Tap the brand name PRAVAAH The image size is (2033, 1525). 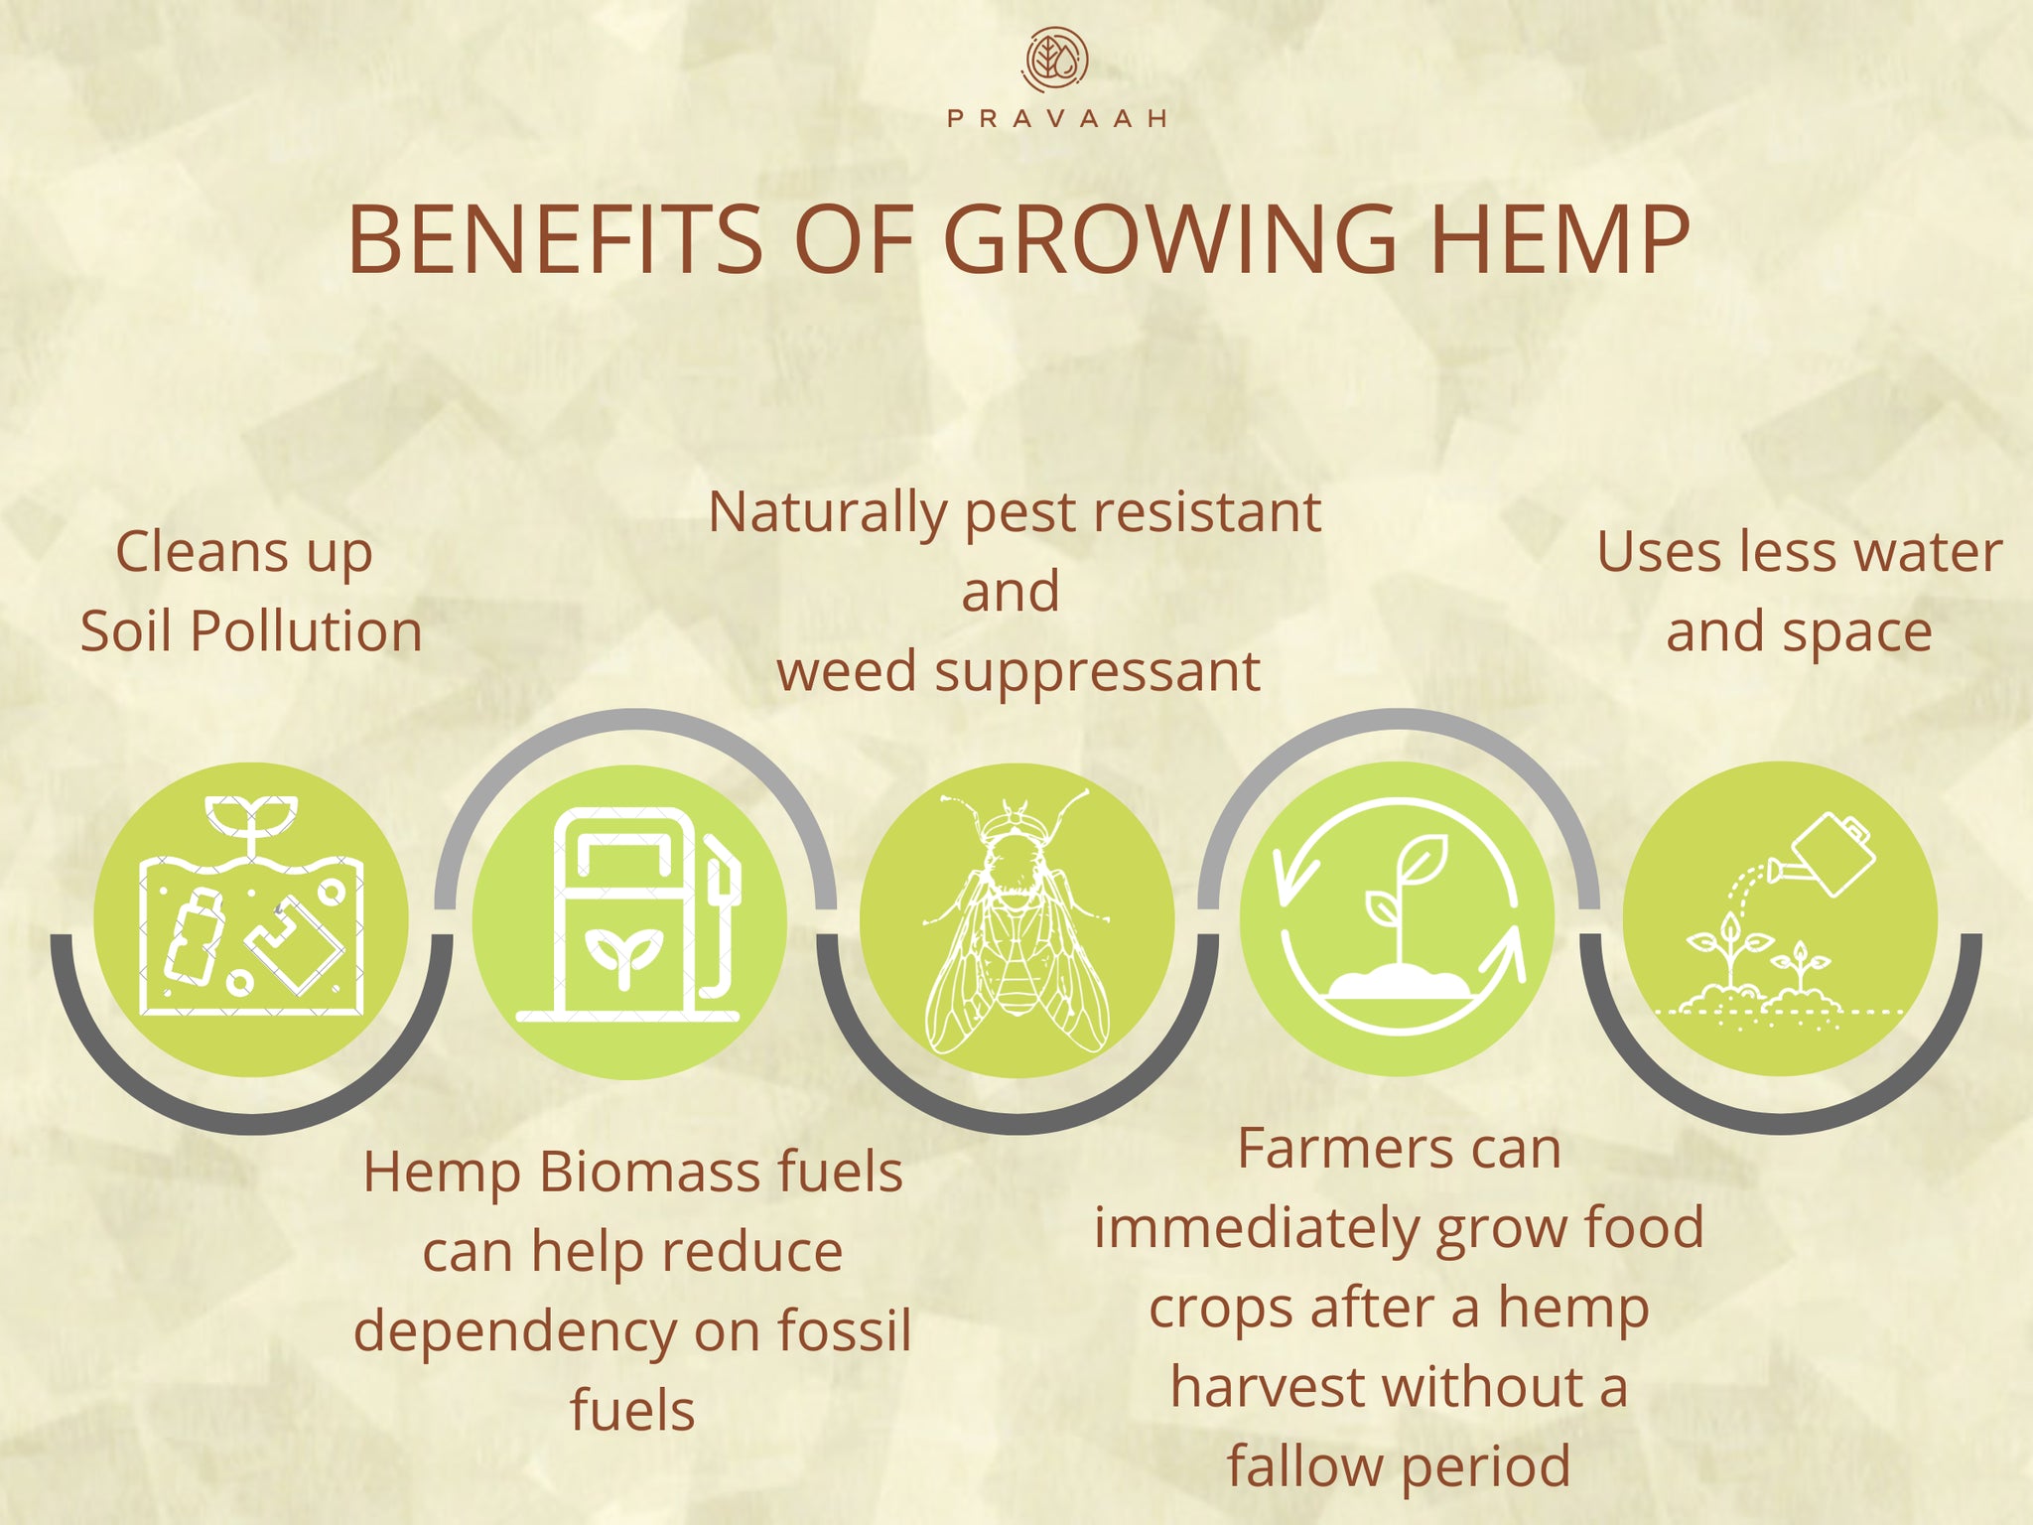pos(1056,119)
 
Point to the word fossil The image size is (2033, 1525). pos(844,1330)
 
